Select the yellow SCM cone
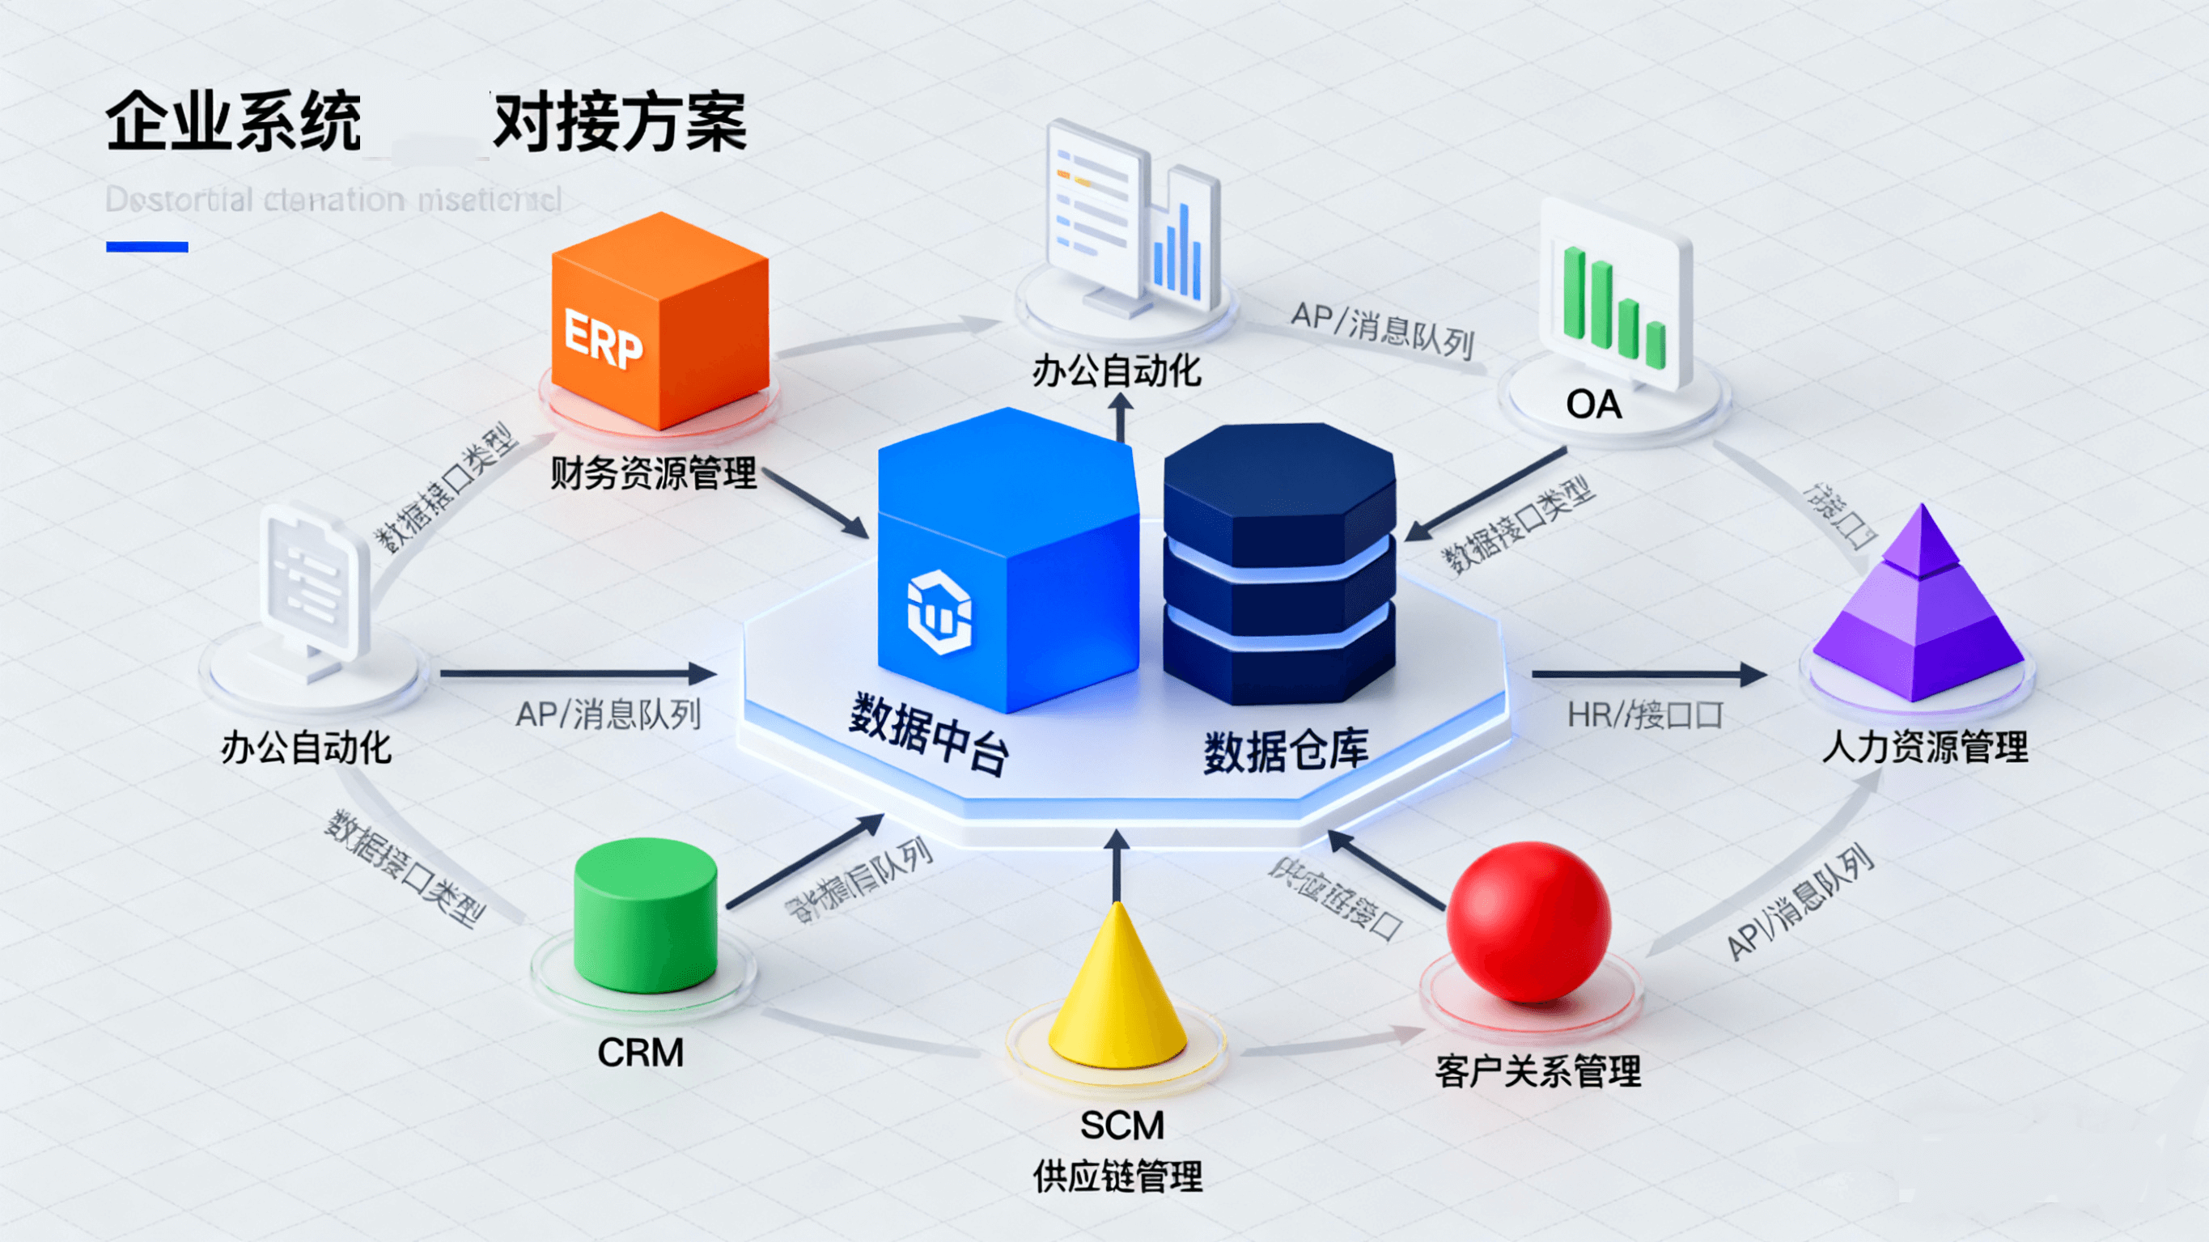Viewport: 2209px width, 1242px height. pyautogui.click(x=1117, y=995)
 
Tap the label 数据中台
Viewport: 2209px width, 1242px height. pyautogui.click(x=928, y=734)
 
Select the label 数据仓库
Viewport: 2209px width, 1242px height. pyautogui.click(x=1286, y=752)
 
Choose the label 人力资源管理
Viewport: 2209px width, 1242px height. pyautogui.click(x=1925, y=747)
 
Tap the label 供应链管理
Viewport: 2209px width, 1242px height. pyautogui.click(x=1117, y=1176)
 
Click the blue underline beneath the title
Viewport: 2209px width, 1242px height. pyautogui.click(x=146, y=247)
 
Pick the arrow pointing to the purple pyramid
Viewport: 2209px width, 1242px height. pyautogui.click(x=1647, y=675)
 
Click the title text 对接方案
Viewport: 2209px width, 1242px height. pyautogui.click(x=619, y=123)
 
